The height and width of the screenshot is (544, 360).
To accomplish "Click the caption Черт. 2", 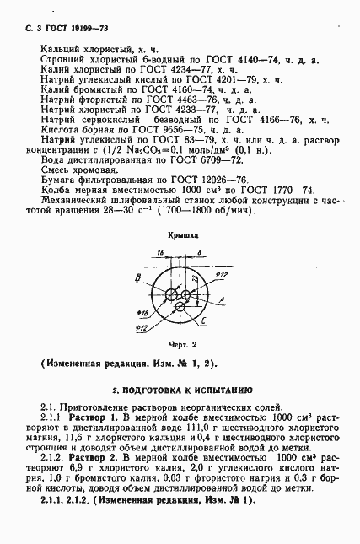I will (181, 345).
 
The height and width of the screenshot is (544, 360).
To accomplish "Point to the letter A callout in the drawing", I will (221, 301).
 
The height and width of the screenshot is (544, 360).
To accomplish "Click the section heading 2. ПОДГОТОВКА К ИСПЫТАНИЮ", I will (180, 390).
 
